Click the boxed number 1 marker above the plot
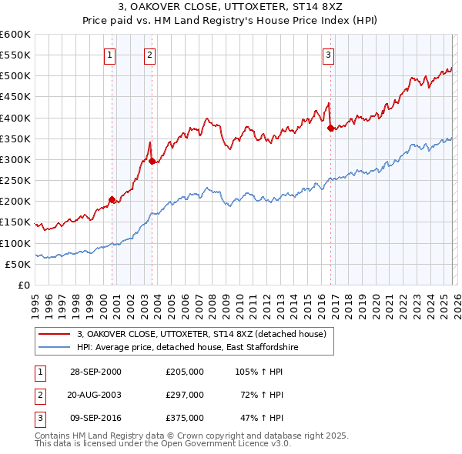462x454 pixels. pos(110,55)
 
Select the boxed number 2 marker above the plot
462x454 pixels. pos(149,55)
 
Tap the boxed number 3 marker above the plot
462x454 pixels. pos(329,55)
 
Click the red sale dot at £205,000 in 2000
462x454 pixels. pos(112,199)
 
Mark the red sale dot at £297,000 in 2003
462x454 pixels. pos(152,161)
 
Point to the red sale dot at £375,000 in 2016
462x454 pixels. pos(330,129)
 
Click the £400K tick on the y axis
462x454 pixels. pos(15,118)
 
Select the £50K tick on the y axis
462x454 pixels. pos(18,264)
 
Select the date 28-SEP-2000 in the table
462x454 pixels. pos(95,372)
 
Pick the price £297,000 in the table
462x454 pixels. pos(184,395)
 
